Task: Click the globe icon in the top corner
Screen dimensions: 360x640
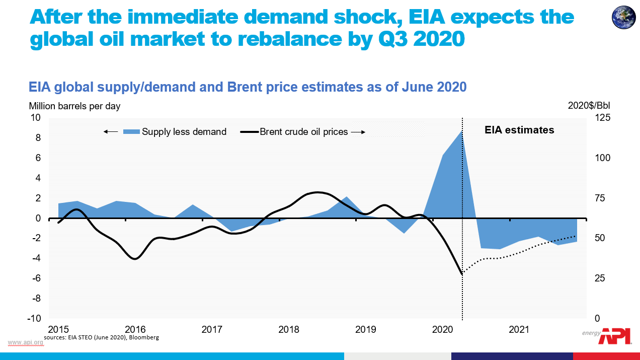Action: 623,17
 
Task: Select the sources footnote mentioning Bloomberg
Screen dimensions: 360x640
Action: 101,337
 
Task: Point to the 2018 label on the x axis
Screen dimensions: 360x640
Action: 289,330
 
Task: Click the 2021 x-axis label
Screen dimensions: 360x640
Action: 519,330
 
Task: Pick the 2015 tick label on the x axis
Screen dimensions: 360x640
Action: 58,330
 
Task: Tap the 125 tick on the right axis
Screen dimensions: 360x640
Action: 603,118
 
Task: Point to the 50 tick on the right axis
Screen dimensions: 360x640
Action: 600,238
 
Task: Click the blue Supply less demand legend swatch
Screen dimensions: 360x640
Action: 131,132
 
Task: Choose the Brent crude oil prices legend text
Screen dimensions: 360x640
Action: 303,132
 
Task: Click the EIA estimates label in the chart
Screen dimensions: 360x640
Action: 519,130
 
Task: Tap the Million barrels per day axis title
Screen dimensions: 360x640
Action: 74,106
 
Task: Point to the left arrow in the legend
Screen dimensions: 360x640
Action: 111,132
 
